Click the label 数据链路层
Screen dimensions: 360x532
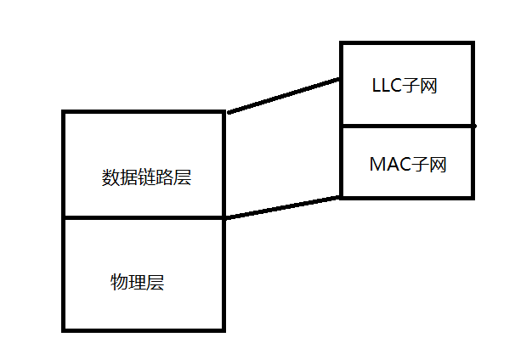[146, 177]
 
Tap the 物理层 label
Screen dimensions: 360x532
[137, 282]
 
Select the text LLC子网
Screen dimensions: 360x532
[405, 86]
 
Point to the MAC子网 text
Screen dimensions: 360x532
[408, 164]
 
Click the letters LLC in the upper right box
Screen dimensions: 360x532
[388, 86]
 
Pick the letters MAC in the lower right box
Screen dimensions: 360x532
[389, 164]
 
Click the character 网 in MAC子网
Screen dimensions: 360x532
[438, 164]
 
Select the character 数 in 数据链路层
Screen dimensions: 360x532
[110, 177]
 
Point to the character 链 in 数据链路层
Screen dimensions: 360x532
[146, 177]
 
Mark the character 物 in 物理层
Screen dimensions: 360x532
[119, 282]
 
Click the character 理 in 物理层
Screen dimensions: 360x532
[137, 282]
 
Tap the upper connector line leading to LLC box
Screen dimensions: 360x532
[283, 95]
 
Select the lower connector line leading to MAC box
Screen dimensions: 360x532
[283, 207]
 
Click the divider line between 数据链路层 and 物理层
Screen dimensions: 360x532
[144, 218]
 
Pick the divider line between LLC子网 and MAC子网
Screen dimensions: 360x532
[406, 126]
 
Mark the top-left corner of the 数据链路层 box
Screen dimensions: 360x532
[65, 112]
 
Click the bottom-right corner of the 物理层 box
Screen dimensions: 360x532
[224, 329]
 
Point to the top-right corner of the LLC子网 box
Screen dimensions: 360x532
[473, 43]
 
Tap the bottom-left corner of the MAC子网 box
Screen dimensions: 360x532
[342, 197]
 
